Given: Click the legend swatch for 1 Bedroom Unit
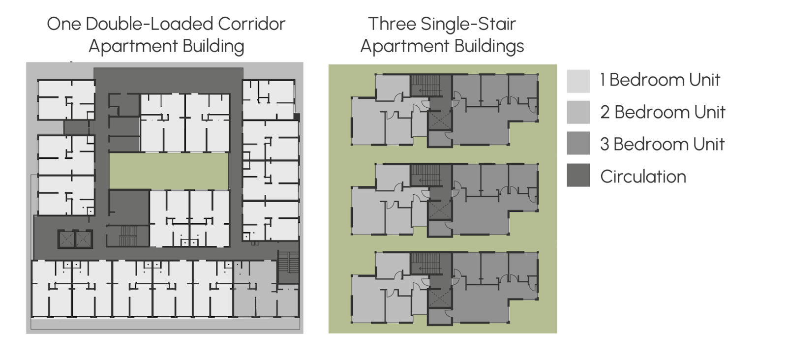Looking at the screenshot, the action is click(578, 81).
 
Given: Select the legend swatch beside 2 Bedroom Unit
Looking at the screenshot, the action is click(578, 113).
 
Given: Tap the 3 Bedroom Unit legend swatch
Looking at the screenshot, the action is click(578, 144).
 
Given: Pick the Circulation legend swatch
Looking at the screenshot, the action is click(578, 176).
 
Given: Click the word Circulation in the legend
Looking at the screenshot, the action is click(643, 177).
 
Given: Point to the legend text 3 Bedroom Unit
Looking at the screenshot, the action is click(662, 144).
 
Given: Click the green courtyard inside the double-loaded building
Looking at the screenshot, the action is click(169, 170).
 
